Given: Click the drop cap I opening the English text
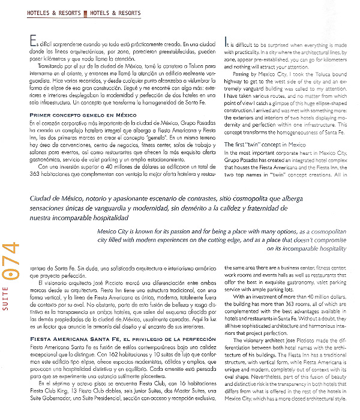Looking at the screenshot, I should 226,43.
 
